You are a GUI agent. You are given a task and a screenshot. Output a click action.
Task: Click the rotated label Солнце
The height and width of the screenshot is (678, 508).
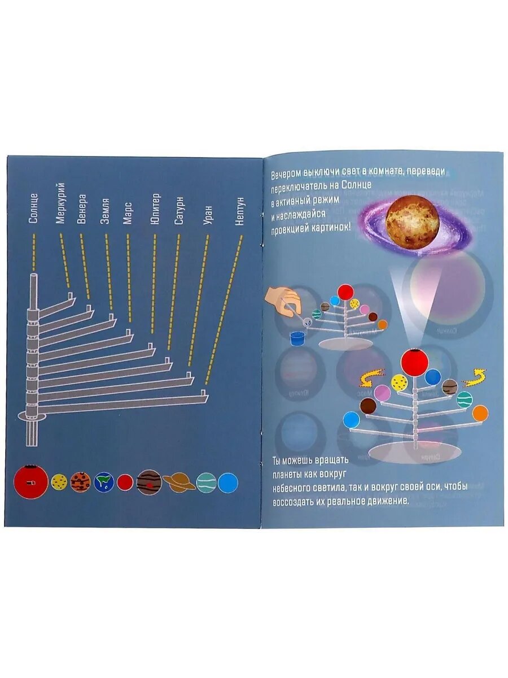coord(33,208)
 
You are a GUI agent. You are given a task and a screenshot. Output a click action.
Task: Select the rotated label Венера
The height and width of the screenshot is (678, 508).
coord(82,209)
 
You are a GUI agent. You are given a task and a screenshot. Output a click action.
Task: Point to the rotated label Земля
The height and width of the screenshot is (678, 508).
coord(105,211)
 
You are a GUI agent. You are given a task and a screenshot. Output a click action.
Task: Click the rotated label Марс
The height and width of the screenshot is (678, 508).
coord(128,213)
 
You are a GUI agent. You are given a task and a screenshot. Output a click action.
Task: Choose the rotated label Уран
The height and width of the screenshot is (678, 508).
coord(208,215)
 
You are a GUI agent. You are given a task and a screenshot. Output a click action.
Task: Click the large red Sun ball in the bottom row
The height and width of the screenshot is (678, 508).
coord(30,481)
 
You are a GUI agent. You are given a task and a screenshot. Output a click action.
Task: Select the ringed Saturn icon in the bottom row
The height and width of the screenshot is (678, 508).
coord(178,482)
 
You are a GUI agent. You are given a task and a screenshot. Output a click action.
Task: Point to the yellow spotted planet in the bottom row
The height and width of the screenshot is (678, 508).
coord(59,482)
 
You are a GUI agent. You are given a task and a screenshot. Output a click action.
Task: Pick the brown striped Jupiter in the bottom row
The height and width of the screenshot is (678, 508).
coord(149,483)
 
